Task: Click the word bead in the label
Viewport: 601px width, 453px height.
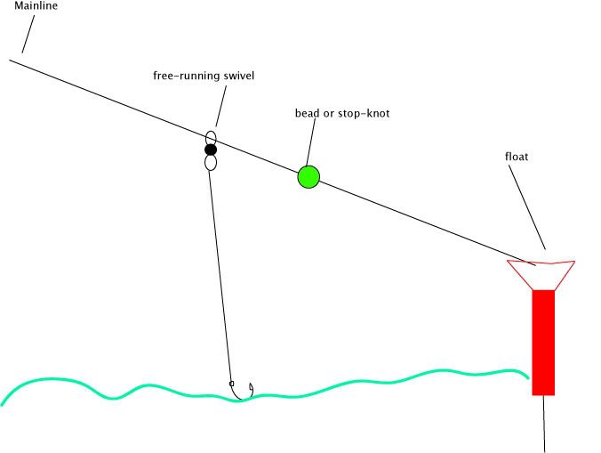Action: tap(307, 114)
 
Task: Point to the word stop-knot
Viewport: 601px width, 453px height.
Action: tap(363, 114)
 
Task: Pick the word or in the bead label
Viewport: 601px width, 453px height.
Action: tap(328, 114)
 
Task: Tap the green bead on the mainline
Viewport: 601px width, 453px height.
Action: tap(308, 176)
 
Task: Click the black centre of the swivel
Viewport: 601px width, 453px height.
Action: tap(211, 150)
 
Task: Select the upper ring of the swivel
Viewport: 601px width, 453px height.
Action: tap(211, 138)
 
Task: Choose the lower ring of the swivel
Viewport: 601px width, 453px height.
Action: tap(211, 163)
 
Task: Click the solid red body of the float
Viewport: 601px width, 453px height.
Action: tap(543, 343)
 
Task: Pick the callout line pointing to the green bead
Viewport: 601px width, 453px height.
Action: tap(312, 142)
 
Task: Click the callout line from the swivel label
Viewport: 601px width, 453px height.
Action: tap(217, 107)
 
